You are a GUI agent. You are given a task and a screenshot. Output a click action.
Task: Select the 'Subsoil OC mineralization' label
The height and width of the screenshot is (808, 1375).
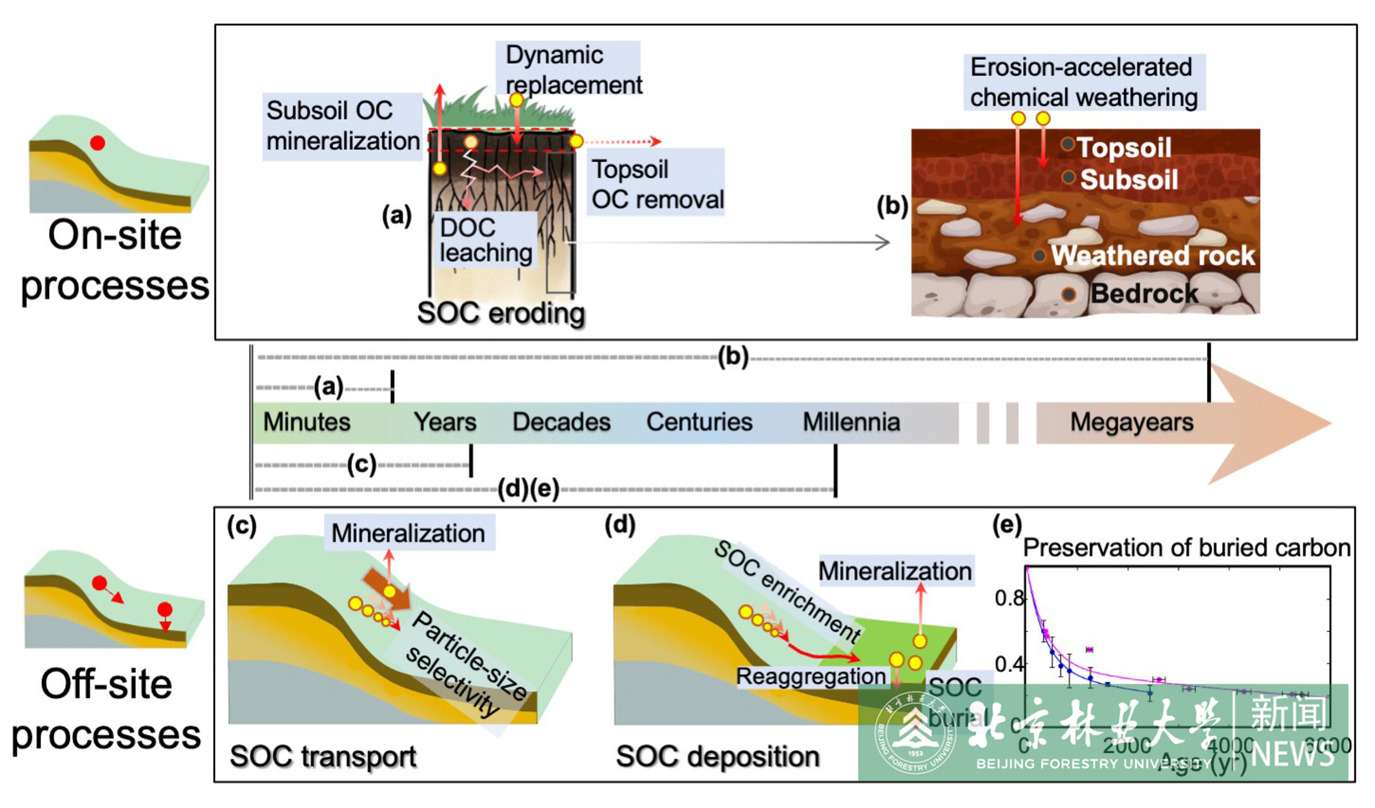343,126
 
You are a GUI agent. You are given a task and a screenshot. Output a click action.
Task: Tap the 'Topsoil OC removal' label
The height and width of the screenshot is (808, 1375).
657,184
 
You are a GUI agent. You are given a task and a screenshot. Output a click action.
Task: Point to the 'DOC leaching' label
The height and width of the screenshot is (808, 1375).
486,241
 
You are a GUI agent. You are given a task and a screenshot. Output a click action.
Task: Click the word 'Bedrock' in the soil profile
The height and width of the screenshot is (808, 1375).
1144,294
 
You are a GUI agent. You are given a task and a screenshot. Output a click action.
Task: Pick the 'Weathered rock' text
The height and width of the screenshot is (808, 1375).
1153,255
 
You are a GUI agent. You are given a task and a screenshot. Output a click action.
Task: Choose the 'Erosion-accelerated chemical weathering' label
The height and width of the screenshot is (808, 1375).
1083,82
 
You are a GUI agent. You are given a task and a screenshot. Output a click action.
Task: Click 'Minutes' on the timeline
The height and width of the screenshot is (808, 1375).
307,423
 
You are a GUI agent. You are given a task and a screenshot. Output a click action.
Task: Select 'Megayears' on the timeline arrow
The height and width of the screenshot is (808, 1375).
1132,423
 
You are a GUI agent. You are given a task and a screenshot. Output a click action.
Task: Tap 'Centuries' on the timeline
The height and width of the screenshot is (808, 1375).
699,423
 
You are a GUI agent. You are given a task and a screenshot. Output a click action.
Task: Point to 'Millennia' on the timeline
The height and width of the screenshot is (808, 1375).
851,423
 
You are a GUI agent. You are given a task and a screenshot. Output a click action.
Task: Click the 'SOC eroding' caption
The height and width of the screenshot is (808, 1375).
501,314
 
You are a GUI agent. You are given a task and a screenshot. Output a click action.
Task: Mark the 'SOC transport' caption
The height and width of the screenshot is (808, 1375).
323,756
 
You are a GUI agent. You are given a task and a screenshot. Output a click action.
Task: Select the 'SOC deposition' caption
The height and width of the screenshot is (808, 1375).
717,756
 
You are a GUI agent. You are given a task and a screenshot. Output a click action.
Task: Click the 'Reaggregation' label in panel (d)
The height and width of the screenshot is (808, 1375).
811,676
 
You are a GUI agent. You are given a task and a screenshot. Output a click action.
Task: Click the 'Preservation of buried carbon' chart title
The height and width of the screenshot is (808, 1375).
1186,548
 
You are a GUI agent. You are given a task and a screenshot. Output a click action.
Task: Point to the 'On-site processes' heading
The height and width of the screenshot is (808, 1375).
115,261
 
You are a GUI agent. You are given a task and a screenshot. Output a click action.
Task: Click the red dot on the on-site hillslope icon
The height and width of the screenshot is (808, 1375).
97,143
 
